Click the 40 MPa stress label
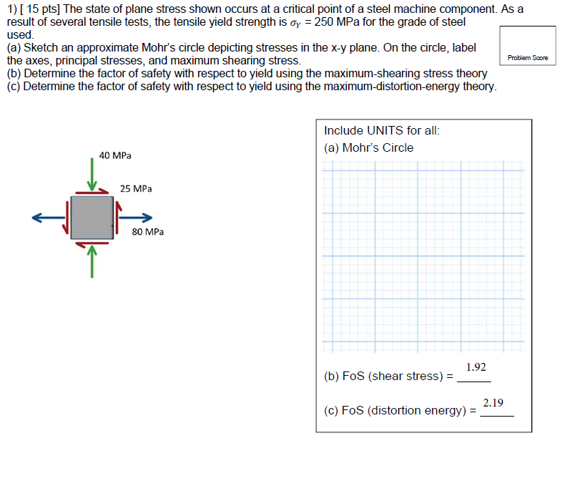tap(114, 155)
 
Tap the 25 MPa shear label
tap(135, 189)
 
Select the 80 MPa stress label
tap(147, 232)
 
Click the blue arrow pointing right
tap(136, 217)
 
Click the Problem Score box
tap(528, 47)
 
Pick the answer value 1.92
tap(476, 367)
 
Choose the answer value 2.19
tap(493, 403)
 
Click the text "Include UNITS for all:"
tap(381, 131)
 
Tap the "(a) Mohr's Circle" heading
tap(368, 148)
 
